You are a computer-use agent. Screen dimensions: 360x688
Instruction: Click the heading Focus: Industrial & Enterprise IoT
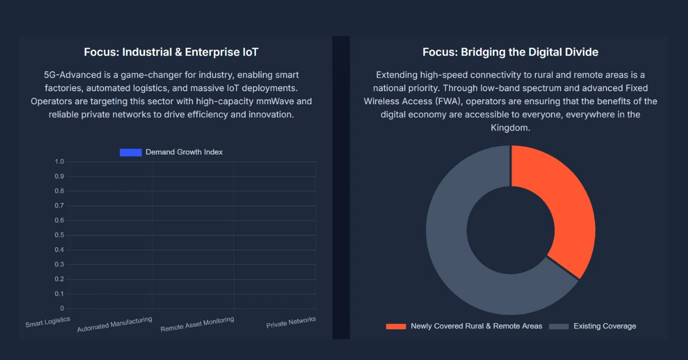pyautogui.click(x=171, y=52)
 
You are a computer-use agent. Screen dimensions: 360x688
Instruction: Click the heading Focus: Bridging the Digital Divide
pyautogui.click(x=510, y=52)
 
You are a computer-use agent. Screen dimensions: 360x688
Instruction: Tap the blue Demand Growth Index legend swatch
pyautogui.click(x=131, y=152)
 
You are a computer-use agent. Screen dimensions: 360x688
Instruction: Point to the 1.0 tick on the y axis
pyautogui.click(x=60, y=162)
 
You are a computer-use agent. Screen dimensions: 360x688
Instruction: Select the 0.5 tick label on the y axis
pyautogui.click(x=60, y=235)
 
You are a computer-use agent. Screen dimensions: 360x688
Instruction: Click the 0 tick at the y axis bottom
pyautogui.click(x=62, y=308)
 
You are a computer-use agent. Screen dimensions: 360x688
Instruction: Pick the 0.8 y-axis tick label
pyautogui.click(x=60, y=191)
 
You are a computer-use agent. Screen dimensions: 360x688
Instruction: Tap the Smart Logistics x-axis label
pyautogui.click(x=48, y=322)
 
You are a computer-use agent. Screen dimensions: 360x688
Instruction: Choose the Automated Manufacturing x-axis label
pyautogui.click(x=115, y=324)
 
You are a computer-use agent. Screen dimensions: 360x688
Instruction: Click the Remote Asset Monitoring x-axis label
pyautogui.click(x=197, y=324)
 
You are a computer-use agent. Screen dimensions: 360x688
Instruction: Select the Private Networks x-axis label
pyautogui.click(x=291, y=323)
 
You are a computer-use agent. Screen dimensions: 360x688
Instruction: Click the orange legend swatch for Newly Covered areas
pyautogui.click(x=396, y=326)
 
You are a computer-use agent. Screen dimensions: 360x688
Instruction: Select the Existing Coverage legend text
pyautogui.click(x=605, y=326)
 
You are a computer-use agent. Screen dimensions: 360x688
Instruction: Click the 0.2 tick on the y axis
pyautogui.click(x=60, y=279)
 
